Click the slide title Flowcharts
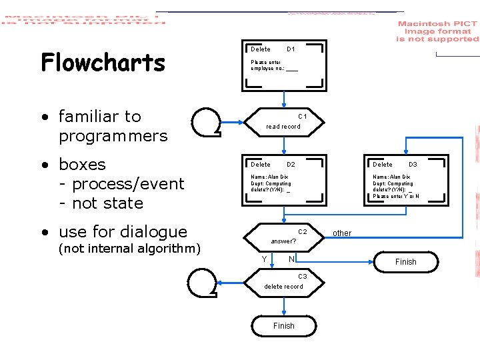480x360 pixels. pyautogui.click(x=103, y=63)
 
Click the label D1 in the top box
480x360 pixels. pyautogui.click(x=291, y=49)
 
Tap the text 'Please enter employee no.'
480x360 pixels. pyautogui.click(x=274, y=65)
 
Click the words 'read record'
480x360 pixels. pyautogui.click(x=283, y=127)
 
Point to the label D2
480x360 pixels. pyautogui.click(x=291, y=165)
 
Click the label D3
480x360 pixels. pyautogui.click(x=413, y=165)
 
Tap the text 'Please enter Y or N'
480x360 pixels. pyautogui.click(x=396, y=197)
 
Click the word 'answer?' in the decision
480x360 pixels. pyautogui.click(x=283, y=241)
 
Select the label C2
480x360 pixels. pyautogui.click(x=302, y=232)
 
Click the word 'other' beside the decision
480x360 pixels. pyautogui.click(x=342, y=233)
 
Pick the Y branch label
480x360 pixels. pyautogui.click(x=265, y=259)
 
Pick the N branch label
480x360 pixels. pyautogui.click(x=291, y=259)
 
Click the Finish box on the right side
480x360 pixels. pyautogui.click(x=405, y=262)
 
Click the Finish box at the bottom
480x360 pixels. pyautogui.click(x=283, y=326)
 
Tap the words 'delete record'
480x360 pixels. pyautogui.click(x=283, y=287)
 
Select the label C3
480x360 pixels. pyautogui.click(x=302, y=277)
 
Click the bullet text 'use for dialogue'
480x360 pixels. pyautogui.click(x=123, y=232)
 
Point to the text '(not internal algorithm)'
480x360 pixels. pyautogui.click(x=129, y=249)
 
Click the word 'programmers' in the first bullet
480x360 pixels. pyautogui.click(x=113, y=136)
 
